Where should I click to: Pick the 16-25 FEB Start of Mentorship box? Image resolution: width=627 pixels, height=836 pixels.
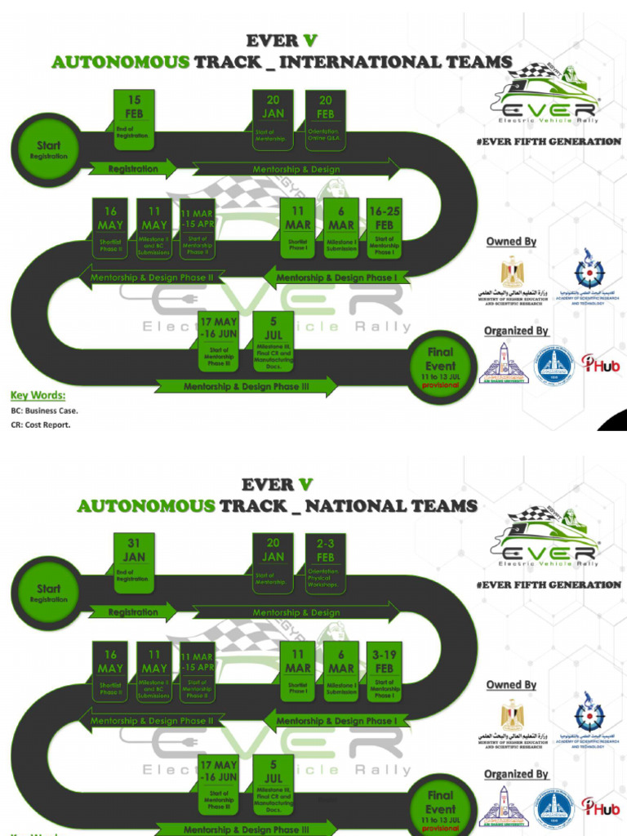(x=384, y=228)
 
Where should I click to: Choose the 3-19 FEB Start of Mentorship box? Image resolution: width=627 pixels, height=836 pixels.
(x=384, y=671)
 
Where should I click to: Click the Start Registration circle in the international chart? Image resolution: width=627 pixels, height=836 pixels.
(x=48, y=150)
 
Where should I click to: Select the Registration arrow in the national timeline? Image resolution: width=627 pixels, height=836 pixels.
(x=136, y=612)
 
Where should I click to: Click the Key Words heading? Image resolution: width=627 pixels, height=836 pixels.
(x=38, y=396)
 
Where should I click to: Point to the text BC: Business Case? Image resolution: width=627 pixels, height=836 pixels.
(x=45, y=411)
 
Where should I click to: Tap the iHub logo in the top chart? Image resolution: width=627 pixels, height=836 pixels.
(x=600, y=364)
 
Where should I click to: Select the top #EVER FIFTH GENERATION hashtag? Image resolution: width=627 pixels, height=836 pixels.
(x=548, y=141)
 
